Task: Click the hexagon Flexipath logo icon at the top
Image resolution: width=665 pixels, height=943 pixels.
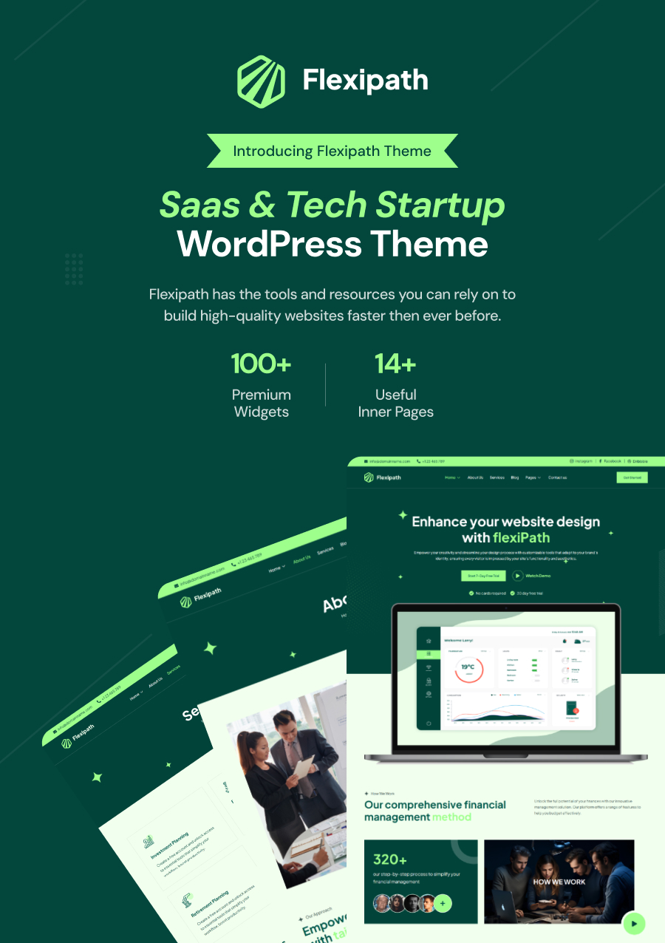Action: (x=261, y=81)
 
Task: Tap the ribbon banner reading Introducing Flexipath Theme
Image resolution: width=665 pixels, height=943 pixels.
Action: (x=332, y=151)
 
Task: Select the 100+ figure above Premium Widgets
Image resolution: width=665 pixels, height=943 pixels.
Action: (x=261, y=364)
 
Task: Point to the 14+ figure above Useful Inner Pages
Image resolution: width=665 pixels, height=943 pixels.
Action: (x=395, y=364)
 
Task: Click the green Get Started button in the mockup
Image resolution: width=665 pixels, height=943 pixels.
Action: (x=632, y=477)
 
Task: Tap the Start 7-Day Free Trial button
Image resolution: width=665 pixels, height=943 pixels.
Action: (x=482, y=576)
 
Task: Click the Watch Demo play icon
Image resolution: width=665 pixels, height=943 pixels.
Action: (x=518, y=576)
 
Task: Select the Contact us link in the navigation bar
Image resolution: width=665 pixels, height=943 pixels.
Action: (x=557, y=477)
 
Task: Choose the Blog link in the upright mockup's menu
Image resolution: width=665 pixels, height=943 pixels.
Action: (x=515, y=477)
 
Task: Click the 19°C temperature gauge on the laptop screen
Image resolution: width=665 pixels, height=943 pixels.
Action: (x=467, y=667)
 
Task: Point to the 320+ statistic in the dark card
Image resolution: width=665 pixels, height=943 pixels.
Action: (x=390, y=859)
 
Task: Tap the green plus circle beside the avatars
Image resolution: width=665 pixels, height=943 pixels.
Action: (x=443, y=903)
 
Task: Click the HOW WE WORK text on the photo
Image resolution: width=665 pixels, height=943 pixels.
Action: (x=559, y=882)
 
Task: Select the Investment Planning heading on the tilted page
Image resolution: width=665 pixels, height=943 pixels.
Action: (x=170, y=846)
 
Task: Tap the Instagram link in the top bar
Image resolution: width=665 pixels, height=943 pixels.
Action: (x=583, y=461)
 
